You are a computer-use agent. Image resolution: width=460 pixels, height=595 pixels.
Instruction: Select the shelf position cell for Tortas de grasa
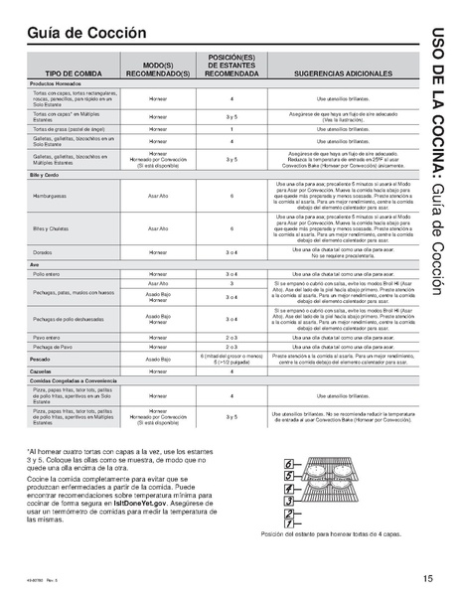tap(231, 129)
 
